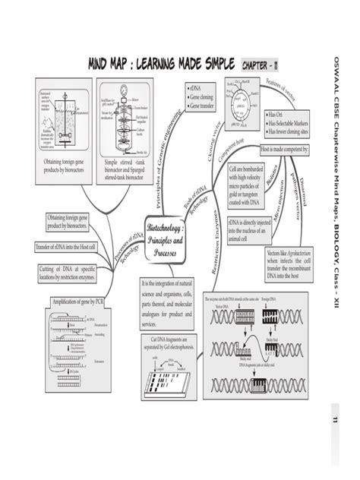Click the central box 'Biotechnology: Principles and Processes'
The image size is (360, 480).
[169, 238]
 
